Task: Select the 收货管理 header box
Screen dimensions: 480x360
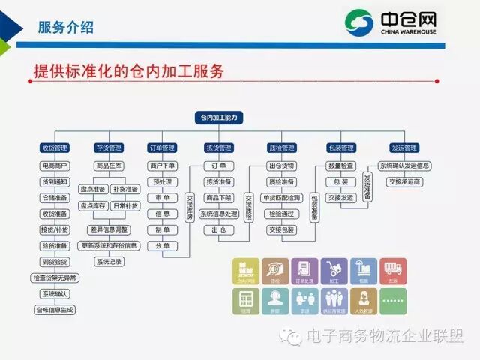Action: [x=54, y=148]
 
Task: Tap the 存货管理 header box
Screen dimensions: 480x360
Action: [x=109, y=148]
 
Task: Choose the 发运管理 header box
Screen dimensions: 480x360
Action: [x=404, y=148]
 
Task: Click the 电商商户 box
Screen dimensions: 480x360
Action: [x=54, y=165]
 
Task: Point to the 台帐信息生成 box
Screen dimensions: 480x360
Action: [x=55, y=309]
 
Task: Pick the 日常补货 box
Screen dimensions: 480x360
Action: [x=126, y=205]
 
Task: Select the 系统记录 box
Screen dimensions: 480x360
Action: [x=109, y=262]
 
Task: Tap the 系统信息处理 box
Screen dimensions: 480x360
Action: [x=218, y=214]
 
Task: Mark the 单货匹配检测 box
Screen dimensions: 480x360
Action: [x=281, y=198]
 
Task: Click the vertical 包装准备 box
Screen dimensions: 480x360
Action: [x=314, y=202]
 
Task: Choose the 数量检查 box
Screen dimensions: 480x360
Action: [x=341, y=166]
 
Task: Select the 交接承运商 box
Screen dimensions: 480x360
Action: [x=405, y=181]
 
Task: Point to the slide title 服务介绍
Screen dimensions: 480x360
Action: [x=66, y=28]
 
